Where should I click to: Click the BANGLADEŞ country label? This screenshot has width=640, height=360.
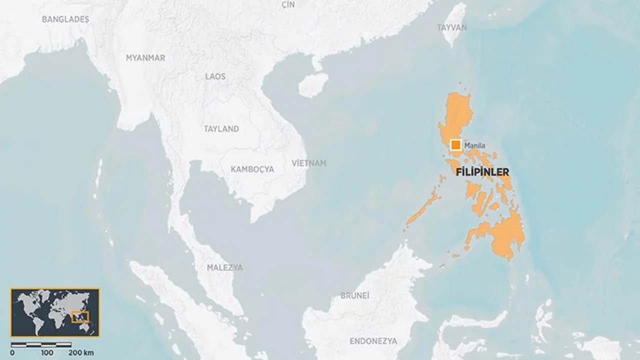(65, 19)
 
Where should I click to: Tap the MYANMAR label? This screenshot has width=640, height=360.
(145, 58)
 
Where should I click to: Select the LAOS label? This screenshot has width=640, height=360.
(215, 76)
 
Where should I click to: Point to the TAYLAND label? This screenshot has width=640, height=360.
(221, 129)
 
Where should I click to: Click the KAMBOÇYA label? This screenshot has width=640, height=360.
(252, 169)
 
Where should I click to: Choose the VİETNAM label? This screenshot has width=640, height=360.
(309, 163)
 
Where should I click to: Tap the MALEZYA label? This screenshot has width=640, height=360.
(225, 268)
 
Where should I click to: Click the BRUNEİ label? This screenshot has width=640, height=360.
(355, 295)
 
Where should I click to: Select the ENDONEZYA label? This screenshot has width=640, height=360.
(373, 341)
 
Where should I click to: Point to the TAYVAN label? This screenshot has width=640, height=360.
(451, 27)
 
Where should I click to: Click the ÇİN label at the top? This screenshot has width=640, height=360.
(288, 4)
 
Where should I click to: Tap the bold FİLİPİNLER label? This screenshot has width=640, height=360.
(483, 172)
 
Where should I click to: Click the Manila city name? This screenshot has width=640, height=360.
(474, 145)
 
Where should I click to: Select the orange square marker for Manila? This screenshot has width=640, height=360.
(455, 145)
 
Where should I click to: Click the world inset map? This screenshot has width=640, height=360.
(55, 312)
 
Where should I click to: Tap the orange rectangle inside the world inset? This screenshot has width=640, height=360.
(80, 317)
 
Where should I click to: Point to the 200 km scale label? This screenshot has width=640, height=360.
(81, 353)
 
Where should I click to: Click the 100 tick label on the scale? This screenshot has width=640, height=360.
(47, 353)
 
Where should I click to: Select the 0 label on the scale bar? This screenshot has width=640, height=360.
(12, 353)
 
